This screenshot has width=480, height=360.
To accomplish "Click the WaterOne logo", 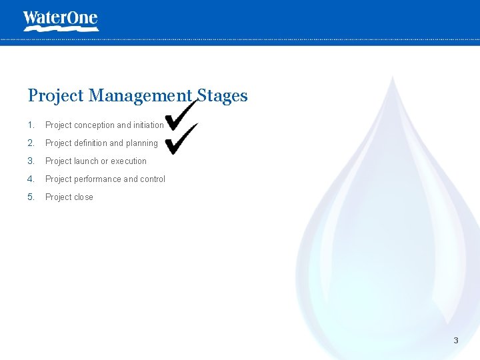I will (x=60, y=20).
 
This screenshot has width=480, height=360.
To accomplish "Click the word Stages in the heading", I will (x=222, y=96).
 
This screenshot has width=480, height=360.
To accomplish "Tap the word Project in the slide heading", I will (x=56, y=96).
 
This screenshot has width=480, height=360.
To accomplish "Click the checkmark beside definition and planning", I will (x=182, y=138).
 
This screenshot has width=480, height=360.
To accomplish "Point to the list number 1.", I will (x=31, y=125).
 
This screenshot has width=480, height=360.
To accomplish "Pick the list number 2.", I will (x=31, y=143).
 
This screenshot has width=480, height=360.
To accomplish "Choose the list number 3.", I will (x=31, y=161).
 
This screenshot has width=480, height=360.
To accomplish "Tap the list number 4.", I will (x=31, y=179).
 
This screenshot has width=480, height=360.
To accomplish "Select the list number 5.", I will (x=31, y=197).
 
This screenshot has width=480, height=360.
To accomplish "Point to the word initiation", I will (x=148, y=125).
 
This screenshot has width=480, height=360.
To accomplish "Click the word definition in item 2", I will (x=90, y=143).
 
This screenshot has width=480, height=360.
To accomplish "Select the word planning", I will (x=142, y=143).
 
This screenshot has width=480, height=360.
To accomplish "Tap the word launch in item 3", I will (x=86, y=161).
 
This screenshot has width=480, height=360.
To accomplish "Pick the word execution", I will (x=129, y=161).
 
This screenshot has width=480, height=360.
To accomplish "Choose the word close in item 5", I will (x=83, y=197).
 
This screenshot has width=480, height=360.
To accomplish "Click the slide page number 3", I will (x=456, y=341).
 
